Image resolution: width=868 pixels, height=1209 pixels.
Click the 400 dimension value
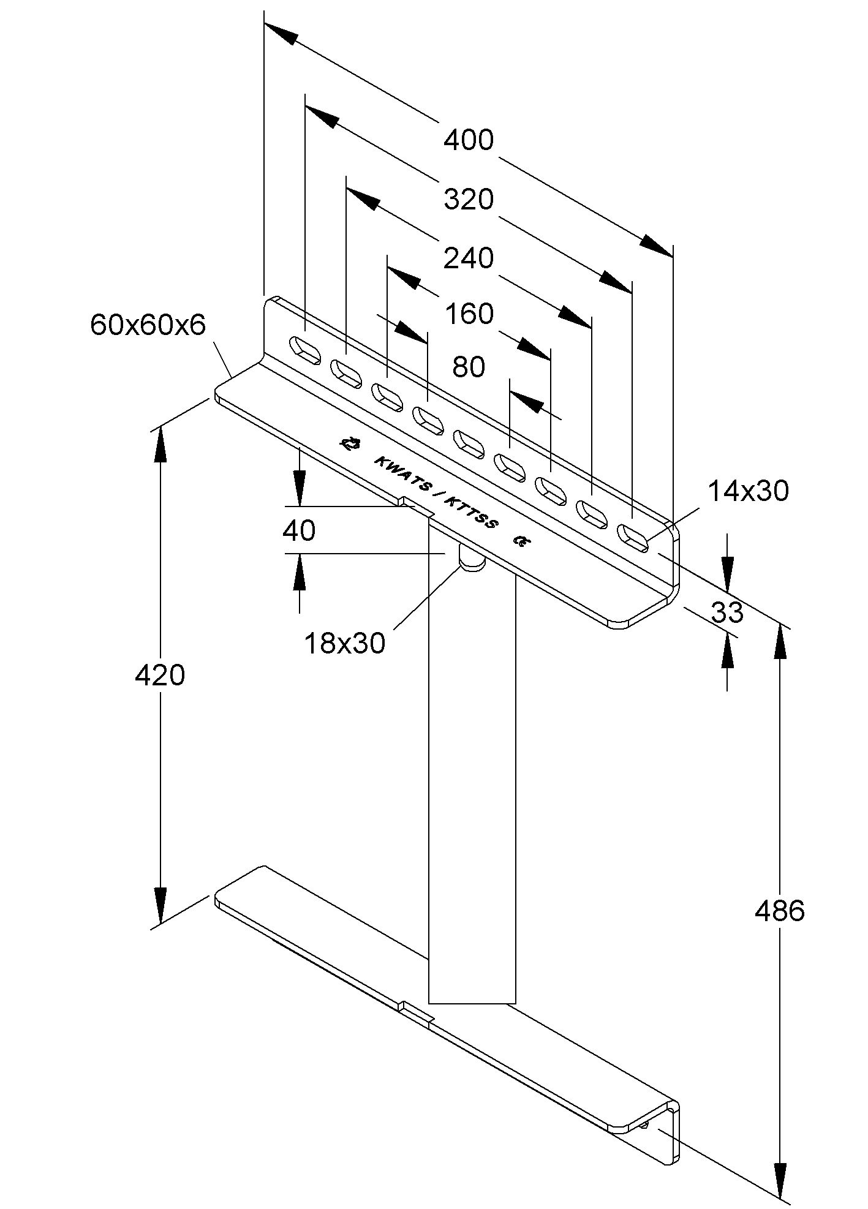tap(469, 140)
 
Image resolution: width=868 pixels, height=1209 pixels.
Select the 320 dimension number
tap(469, 200)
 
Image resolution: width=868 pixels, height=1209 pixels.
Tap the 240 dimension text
tap(469, 258)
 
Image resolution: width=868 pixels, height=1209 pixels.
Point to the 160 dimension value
tap(469, 314)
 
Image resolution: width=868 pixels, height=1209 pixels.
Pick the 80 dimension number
tap(469, 367)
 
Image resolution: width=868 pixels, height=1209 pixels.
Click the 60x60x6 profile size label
tap(148, 325)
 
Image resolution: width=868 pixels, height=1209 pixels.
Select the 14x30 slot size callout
tap(749, 491)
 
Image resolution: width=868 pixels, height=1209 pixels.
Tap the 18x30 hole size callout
tap(345, 643)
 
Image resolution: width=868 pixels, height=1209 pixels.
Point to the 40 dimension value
tap(299, 530)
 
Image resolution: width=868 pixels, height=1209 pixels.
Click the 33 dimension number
tap(728, 612)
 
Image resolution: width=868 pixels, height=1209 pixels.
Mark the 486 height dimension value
tap(779, 911)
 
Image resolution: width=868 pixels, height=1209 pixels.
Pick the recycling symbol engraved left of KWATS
tap(350, 443)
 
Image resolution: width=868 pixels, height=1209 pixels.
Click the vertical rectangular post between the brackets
tap(472, 766)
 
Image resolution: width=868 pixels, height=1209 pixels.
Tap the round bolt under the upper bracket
tap(472, 559)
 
